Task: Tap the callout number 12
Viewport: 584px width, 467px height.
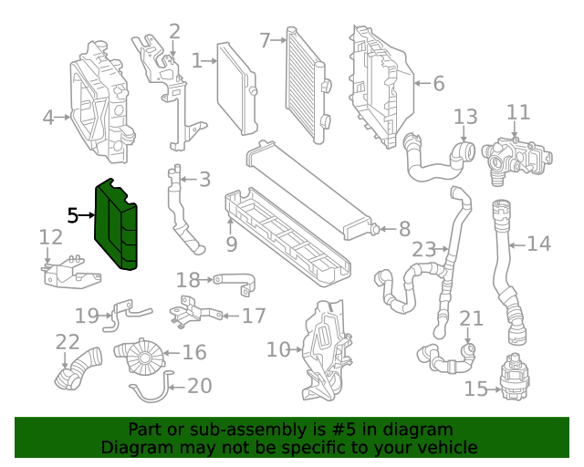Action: coord(51,237)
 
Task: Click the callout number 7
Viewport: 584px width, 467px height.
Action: coord(265,40)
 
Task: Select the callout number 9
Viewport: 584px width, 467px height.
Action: coord(231,244)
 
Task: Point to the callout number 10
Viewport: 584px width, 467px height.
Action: coord(277,348)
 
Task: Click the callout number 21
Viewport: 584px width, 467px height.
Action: coord(471,318)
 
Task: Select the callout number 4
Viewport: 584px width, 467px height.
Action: coord(48,117)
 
